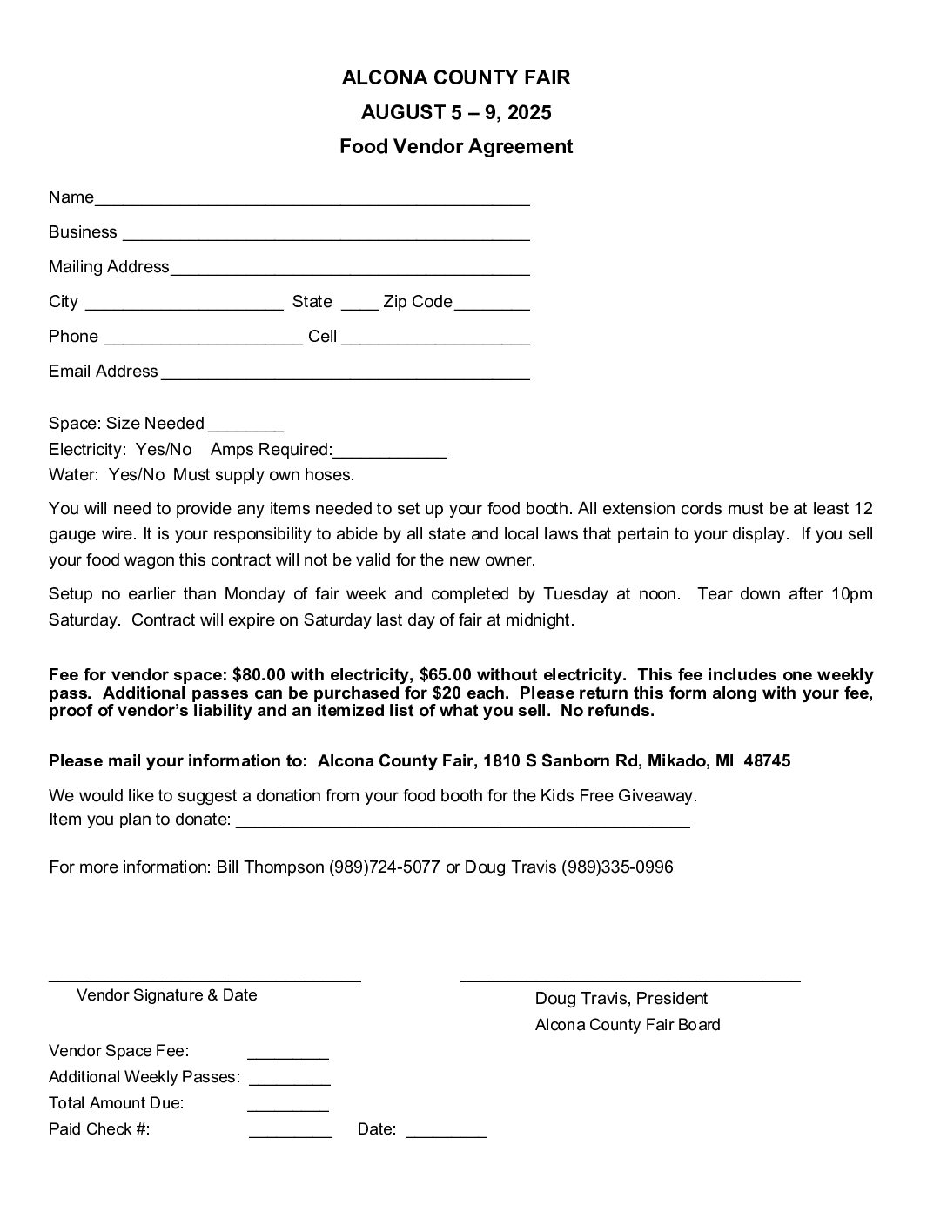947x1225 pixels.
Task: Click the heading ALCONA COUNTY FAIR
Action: click(456, 77)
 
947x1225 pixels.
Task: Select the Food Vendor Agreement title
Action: click(456, 146)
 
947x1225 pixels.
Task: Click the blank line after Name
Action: click(312, 200)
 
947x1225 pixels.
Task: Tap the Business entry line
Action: click(326, 235)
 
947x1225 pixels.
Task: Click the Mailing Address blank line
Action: click(350, 270)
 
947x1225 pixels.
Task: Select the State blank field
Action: click(359, 305)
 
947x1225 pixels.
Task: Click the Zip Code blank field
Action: click(492, 305)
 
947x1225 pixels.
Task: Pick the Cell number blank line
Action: click(435, 339)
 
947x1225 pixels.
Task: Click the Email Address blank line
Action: click(345, 374)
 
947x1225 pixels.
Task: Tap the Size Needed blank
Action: click(245, 426)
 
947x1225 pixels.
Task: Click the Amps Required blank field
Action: click(389, 452)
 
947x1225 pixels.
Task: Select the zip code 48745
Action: click(768, 761)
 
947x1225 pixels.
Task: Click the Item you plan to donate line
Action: click(462, 822)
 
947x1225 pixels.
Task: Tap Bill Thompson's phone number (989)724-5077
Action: click(384, 867)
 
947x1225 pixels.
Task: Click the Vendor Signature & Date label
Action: click(167, 995)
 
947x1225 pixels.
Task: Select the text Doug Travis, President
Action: click(621, 999)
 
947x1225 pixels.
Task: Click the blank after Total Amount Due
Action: click(288, 1106)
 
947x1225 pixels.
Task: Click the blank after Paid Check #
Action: click(290, 1132)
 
